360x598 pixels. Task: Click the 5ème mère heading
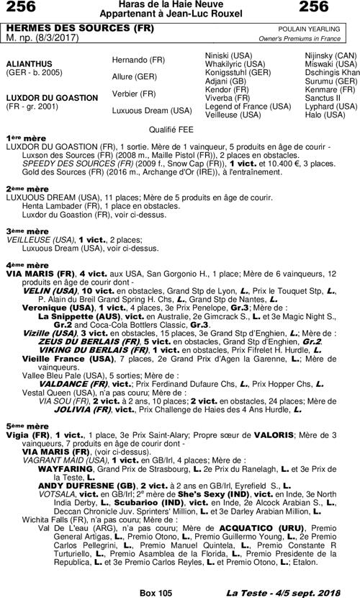tap(26, 426)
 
